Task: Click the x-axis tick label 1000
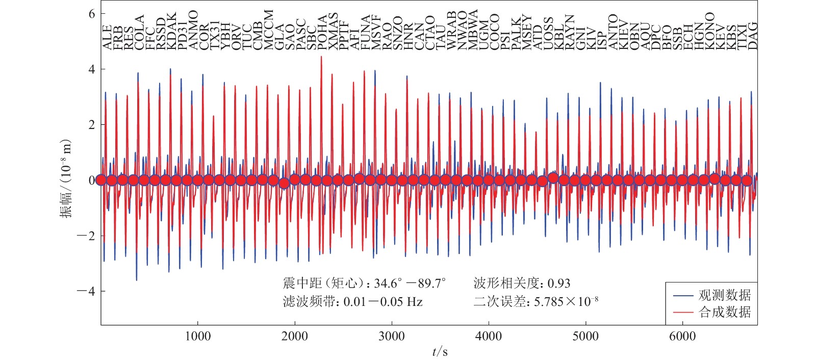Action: tap(197, 336)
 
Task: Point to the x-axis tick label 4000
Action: tap(489, 336)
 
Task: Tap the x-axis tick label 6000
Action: tap(682, 336)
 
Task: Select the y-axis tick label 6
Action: tap(92, 14)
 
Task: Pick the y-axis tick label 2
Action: tap(92, 125)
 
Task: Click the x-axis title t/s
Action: tap(440, 351)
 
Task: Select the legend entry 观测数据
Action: tap(724, 295)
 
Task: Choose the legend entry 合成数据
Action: tap(724, 312)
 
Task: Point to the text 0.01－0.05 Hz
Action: tap(382, 302)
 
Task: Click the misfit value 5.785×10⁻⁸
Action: tap(566, 302)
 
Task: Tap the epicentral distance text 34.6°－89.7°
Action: tap(410, 284)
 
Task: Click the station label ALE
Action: tap(107, 37)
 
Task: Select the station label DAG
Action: tap(753, 35)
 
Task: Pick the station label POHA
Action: tap(322, 32)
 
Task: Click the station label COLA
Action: tap(139, 32)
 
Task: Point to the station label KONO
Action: tap(709, 32)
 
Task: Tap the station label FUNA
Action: tap(365, 33)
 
